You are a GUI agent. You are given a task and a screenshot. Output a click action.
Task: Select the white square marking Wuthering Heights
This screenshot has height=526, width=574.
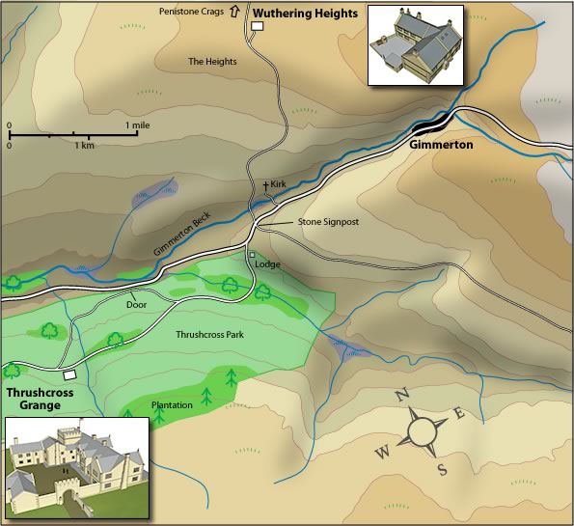[258, 27]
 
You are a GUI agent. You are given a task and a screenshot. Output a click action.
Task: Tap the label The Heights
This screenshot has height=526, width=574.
[212, 62]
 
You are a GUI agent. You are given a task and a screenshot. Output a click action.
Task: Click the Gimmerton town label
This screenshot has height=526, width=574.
[441, 144]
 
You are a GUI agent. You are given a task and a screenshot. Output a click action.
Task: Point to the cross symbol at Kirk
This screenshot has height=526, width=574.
[266, 183]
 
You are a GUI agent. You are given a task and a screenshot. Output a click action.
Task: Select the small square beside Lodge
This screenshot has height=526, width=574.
[252, 255]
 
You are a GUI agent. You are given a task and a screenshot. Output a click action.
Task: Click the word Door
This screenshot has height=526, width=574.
[136, 304]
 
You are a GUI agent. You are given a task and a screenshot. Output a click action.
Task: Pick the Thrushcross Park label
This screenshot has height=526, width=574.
[208, 335]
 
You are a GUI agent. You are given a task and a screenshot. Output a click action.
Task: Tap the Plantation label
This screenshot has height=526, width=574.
[171, 405]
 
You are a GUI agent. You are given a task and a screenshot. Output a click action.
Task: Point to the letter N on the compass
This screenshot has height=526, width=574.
[403, 393]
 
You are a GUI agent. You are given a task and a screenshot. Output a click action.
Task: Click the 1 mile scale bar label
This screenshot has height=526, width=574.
[139, 125]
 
